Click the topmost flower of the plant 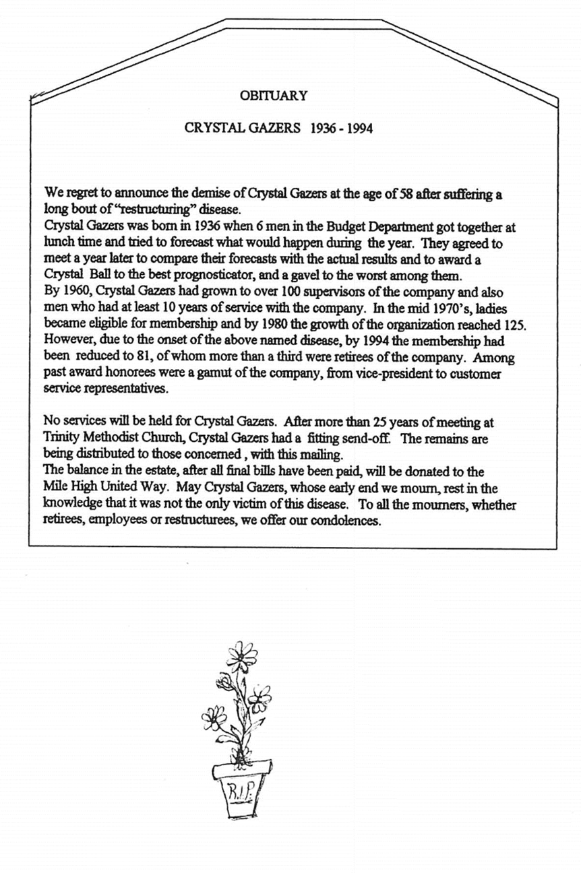click(x=241, y=653)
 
